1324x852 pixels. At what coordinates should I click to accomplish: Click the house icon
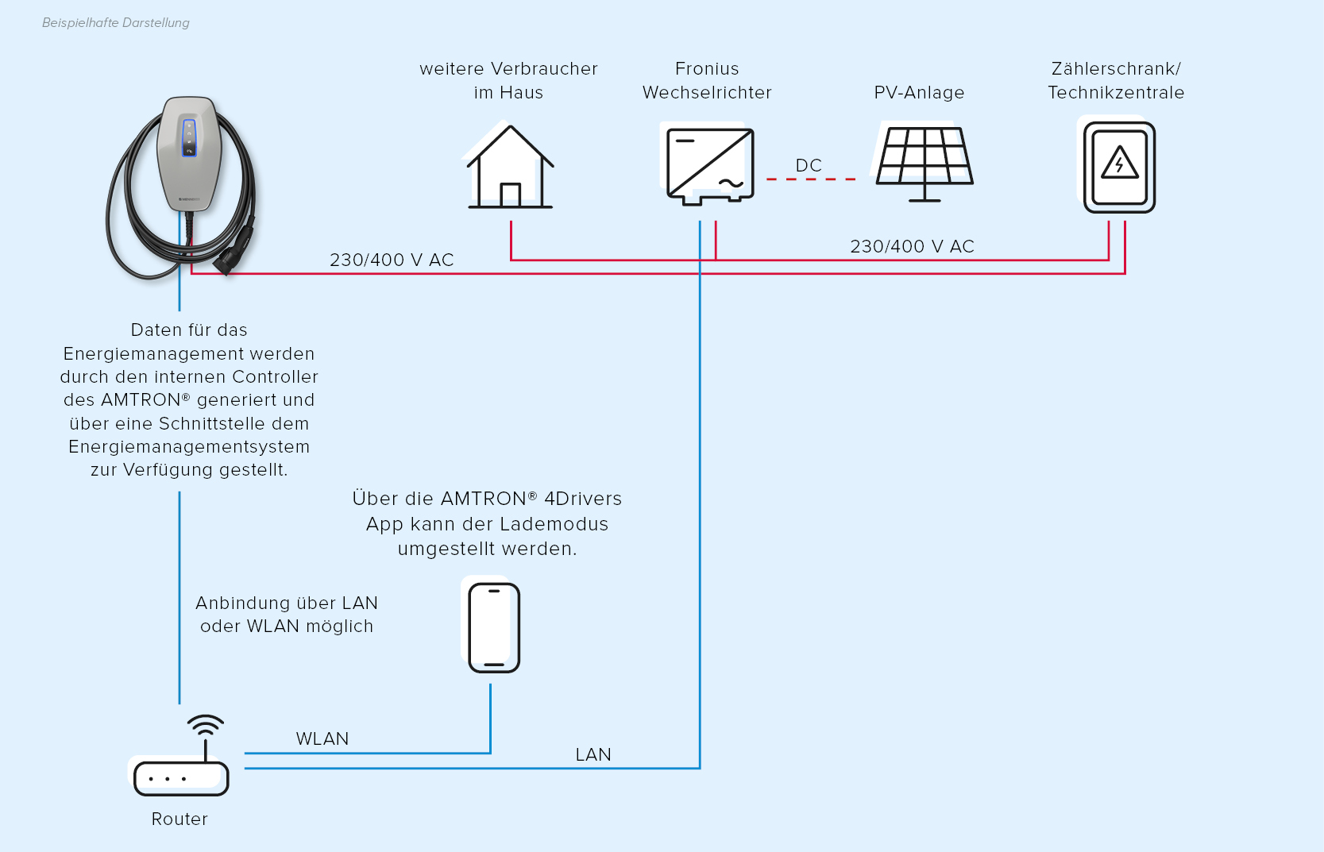(x=510, y=167)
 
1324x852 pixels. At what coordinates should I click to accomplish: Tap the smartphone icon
(x=494, y=627)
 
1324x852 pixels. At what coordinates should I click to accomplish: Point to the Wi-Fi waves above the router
(x=205, y=725)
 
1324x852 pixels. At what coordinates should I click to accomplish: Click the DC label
(x=809, y=165)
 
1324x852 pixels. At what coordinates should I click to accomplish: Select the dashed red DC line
(x=811, y=179)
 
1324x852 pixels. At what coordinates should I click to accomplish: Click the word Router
(x=179, y=819)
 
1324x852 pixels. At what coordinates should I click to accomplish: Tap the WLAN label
(x=322, y=738)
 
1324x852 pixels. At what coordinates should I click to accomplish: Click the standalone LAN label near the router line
(x=593, y=754)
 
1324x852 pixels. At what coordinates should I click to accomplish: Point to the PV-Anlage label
(x=919, y=93)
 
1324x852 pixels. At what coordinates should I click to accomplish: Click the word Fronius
(x=707, y=68)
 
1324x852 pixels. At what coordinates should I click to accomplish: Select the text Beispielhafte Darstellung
(x=116, y=23)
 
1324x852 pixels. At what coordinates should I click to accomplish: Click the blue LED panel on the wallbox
(x=189, y=137)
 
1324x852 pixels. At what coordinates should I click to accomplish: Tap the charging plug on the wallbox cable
(x=234, y=251)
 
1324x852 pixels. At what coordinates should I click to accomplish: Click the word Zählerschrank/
(x=1116, y=68)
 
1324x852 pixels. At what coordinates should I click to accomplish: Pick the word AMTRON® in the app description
(x=488, y=499)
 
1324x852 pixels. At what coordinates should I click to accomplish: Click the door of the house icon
(x=510, y=195)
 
